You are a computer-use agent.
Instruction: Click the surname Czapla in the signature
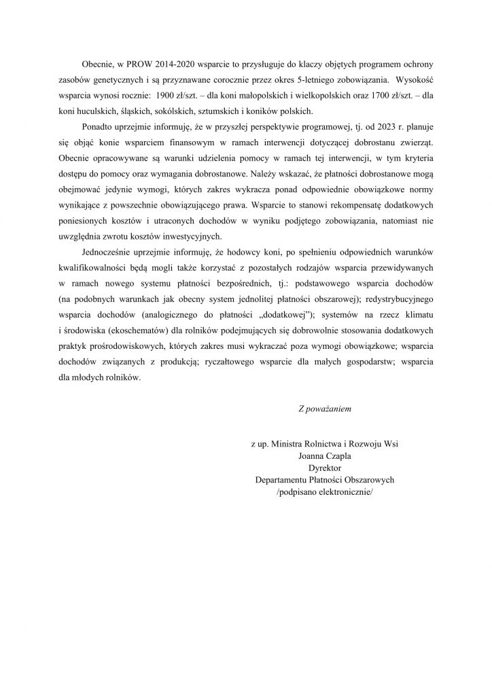[x=339, y=456]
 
